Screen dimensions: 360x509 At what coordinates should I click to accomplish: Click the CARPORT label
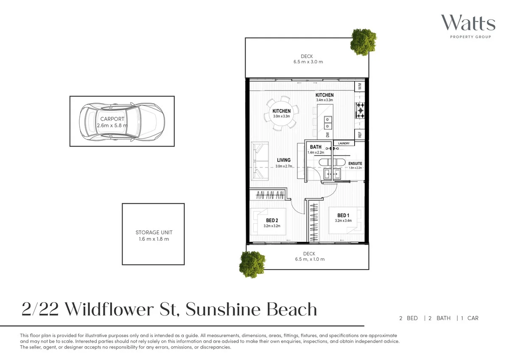click(x=112, y=119)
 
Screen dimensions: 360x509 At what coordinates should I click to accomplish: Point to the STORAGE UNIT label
click(x=154, y=233)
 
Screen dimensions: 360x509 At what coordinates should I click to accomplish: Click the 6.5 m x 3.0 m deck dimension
click(x=308, y=62)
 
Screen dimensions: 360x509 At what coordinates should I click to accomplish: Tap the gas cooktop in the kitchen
click(x=360, y=110)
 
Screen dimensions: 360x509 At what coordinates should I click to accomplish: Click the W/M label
click(x=360, y=86)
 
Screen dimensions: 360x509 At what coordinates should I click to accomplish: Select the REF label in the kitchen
click(x=360, y=135)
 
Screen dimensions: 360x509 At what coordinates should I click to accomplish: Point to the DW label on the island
click(x=327, y=135)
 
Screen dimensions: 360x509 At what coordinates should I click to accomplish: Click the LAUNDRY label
click(x=344, y=143)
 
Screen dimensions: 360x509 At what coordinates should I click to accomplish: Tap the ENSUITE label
click(x=355, y=163)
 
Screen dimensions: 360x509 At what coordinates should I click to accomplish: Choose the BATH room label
click(x=316, y=147)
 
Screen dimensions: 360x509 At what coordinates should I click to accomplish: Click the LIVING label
click(x=284, y=160)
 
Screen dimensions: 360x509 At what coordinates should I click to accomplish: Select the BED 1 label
click(x=343, y=216)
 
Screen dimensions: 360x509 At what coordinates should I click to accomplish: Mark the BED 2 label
click(x=272, y=220)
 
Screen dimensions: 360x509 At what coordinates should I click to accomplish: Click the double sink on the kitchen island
click(x=327, y=123)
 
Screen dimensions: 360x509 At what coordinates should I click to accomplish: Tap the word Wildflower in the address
click(x=120, y=309)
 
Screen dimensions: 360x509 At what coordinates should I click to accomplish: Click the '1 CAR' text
click(x=470, y=318)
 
